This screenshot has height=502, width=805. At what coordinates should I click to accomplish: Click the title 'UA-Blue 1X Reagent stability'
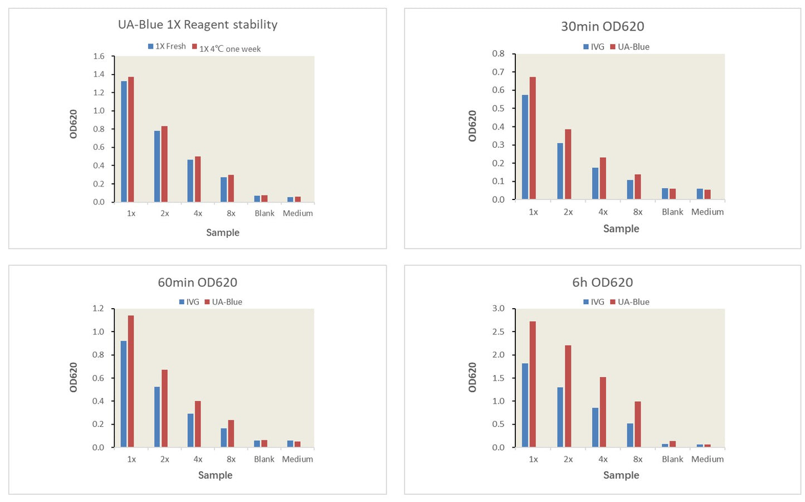click(198, 25)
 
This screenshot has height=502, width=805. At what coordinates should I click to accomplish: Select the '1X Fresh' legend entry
click(167, 46)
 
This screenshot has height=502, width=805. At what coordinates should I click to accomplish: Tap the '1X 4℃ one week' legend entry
click(226, 48)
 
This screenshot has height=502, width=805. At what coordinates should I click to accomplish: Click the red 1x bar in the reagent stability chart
click(131, 139)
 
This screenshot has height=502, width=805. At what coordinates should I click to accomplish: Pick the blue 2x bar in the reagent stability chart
click(157, 167)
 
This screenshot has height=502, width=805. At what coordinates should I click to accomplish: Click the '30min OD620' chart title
click(602, 26)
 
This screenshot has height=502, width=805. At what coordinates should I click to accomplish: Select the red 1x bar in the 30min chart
click(533, 138)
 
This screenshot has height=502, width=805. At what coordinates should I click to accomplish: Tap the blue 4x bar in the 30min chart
click(596, 183)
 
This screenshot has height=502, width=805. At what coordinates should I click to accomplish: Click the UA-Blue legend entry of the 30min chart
click(630, 47)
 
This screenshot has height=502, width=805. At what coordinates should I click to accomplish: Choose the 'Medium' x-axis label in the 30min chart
click(708, 212)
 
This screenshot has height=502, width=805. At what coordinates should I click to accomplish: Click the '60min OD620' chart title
click(198, 282)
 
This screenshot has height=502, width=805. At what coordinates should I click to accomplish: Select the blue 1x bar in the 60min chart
click(124, 394)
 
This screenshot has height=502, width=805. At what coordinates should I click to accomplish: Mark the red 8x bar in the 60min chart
click(231, 433)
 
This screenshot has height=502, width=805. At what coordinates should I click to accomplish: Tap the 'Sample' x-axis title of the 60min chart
click(215, 475)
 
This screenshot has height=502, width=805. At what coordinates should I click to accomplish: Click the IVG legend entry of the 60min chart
click(189, 302)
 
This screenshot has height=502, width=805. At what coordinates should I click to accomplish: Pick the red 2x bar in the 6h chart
click(568, 396)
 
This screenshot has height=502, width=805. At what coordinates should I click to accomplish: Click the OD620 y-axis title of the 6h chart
click(472, 377)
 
